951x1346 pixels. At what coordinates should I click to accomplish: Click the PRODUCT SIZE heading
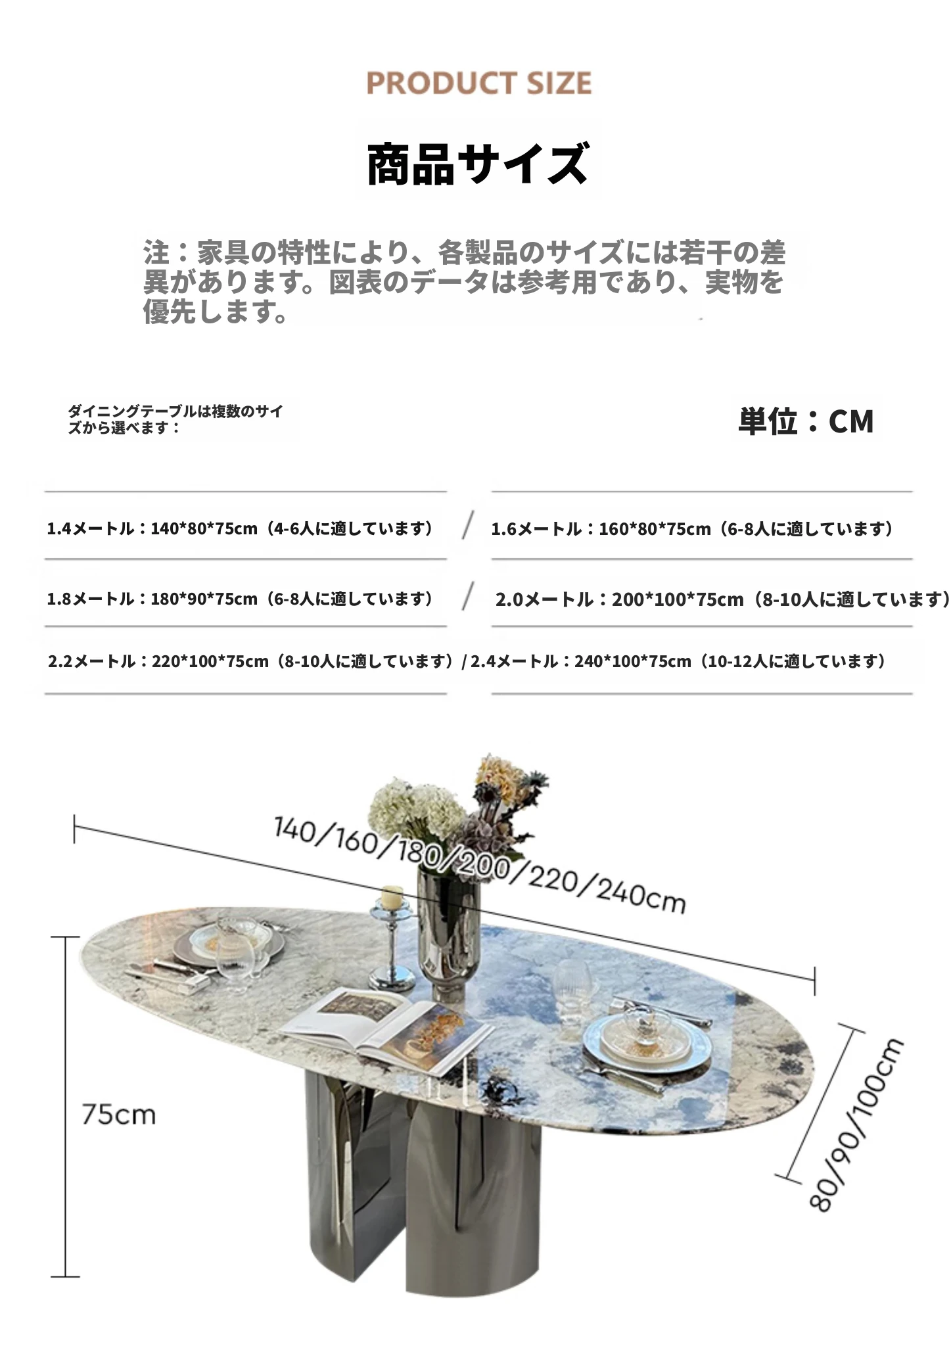[x=478, y=83]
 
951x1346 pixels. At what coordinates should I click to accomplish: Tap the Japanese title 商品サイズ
[x=477, y=164]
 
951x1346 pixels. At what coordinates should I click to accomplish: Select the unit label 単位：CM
[x=806, y=421]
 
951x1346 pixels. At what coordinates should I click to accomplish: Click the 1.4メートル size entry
[x=241, y=528]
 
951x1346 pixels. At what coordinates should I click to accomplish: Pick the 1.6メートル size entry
[x=693, y=528]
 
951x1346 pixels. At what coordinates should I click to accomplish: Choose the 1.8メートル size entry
[x=241, y=599]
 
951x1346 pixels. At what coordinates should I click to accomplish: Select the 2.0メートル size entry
[x=722, y=599]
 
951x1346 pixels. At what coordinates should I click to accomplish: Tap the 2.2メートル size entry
[x=251, y=661]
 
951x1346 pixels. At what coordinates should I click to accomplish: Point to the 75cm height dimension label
[x=119, y=1115]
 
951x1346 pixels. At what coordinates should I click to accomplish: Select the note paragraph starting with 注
[x=464, y=281]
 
